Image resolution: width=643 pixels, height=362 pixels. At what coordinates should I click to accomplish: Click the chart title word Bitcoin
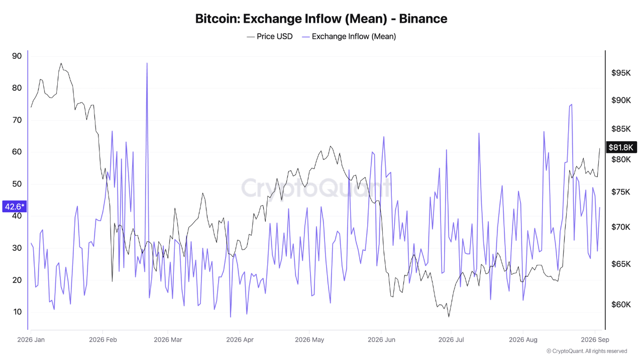click(218, 19)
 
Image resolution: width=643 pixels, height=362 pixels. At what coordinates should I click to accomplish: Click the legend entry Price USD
click(270, 37)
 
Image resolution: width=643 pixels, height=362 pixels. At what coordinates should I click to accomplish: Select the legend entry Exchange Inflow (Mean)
click(349, 37)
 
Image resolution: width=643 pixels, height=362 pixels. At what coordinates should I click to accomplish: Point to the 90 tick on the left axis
click(17, 56)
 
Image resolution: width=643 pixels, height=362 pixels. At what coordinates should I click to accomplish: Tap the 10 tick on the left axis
click(17, 312)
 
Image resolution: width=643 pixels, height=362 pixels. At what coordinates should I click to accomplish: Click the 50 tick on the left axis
click(17, 184)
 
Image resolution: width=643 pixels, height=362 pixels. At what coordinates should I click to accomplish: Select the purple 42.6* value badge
click(15, 207)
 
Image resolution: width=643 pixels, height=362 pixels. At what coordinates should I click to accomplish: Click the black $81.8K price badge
click(621, 147)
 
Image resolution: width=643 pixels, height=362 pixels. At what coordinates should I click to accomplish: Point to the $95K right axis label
click(621, 73)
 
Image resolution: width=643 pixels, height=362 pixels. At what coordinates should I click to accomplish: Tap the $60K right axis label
click(621, 304)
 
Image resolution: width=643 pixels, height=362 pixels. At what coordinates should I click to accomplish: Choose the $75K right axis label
click(620, 192)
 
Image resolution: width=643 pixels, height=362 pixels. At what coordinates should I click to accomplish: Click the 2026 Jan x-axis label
click(31, 339)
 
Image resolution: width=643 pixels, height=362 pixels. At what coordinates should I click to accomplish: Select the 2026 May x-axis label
click(309, 339)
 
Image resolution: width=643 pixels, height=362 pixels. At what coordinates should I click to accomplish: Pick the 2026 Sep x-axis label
click(595, 339)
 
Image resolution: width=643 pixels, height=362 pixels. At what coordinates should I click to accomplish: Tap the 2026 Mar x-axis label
click(168, 339)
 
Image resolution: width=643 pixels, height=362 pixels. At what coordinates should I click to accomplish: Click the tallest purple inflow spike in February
click(147, 63)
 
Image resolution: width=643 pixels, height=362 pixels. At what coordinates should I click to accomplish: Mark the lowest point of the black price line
click(449, 317)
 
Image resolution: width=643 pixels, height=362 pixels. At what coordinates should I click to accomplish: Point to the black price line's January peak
click(61, 63)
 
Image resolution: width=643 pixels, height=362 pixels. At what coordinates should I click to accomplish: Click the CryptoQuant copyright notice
click(587, 351)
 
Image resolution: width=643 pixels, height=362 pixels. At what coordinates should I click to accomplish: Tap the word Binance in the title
click(423, 19)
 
